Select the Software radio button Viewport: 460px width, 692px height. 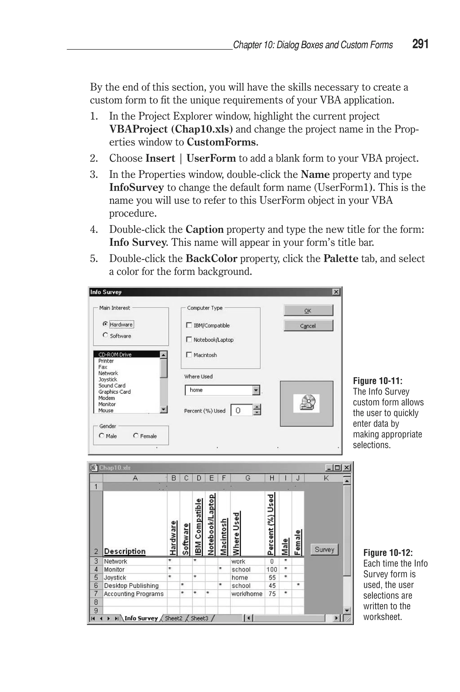[105, 335]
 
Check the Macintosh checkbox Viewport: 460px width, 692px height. [189, 355]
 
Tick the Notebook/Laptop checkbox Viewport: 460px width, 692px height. [189, 340]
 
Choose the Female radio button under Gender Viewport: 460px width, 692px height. [136, 436]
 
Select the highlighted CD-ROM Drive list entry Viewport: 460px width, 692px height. [115, 354]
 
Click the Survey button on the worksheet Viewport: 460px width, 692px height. [324, 549]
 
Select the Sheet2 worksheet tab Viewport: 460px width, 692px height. [173, 618]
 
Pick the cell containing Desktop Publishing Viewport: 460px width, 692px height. [131, 585]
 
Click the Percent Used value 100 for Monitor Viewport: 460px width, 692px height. [272, 569]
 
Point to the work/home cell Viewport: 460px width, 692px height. [247, 594]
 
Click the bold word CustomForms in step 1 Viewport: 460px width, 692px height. [221, 142]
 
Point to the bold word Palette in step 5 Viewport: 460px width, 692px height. [341, 258]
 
